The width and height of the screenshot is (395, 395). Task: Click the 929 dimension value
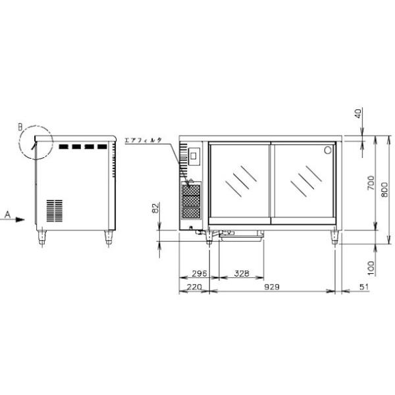(x=272, y=286)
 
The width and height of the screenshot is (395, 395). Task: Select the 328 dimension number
(x=242, y=273)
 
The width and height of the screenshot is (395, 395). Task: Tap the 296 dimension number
(x=199, y=273)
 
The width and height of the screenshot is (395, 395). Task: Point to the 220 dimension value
(x=194, y=286)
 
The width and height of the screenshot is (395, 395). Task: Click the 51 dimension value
(x=363, y=286)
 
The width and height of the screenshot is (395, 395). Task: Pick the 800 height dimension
(x=384, y=190)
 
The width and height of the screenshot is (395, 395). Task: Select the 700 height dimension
(x=371, y=183)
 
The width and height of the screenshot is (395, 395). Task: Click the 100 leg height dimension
(x=371, y=268)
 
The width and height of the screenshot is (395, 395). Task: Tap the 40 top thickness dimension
(x=358, y=113)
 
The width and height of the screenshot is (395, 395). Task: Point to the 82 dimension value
(x=156, y=208)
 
